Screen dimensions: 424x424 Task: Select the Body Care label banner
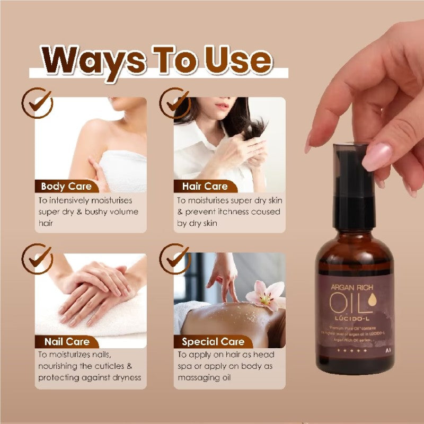click(x=66, y=186)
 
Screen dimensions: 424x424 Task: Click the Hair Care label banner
click(x=205, y=186)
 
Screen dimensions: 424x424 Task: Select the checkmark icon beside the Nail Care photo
click(x=37, y=258)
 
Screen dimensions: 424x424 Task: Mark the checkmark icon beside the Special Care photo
click(x=175, y=258)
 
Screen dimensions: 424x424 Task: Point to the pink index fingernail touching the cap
click(x=377, y=157)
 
